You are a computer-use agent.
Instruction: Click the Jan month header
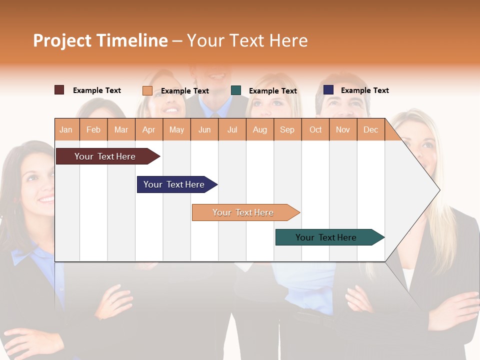[x=66, y=129]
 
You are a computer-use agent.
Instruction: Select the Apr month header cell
[x=148, y=129]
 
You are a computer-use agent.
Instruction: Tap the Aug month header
[x=259, y=129]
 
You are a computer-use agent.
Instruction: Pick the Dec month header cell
[x=370, y=129]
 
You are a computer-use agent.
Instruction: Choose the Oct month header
[x=315, y=129]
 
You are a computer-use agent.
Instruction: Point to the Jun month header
[x=204, y=129]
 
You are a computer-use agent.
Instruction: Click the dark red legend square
[x=59, y=90]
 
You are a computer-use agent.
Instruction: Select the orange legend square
[x=147, y=90]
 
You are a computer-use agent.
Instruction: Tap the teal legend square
[x=236, y=90]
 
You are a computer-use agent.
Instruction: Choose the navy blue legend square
[x=328, y=90]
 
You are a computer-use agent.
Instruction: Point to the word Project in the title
[x=62, y=40]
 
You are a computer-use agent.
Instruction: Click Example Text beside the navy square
[x=364, y=90]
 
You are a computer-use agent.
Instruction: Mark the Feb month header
[x=93, y=129]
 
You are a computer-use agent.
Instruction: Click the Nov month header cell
[x=342, y=129]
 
